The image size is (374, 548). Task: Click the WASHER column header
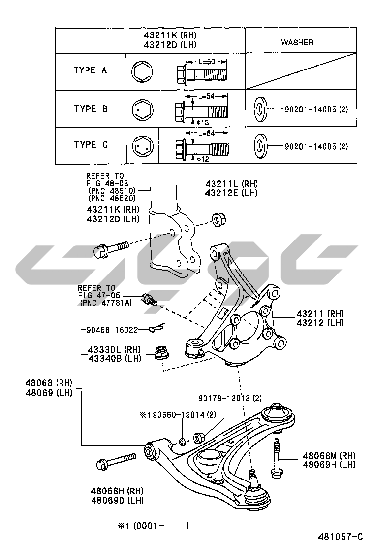(x=297, y=42)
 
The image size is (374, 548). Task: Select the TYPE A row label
(x=90, y=70)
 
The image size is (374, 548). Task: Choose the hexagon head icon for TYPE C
(x=143, y=145)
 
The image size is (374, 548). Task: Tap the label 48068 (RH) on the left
(x=49, y=383)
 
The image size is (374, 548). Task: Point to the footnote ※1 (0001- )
(x=153, y=526)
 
